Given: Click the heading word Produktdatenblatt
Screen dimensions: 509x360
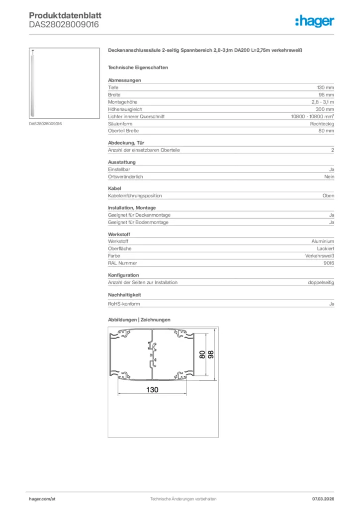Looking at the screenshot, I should [65, 16].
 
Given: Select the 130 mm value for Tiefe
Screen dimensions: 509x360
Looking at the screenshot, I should [326, 87].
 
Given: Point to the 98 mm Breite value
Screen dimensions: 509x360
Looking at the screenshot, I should [327, 94].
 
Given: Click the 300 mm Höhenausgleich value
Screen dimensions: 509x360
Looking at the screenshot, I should [325, 109].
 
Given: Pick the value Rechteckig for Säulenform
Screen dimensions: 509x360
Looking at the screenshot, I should [322, 123].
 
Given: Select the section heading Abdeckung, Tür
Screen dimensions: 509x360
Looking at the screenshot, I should [126, 143].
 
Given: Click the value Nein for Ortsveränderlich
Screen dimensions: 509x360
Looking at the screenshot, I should [329, 177].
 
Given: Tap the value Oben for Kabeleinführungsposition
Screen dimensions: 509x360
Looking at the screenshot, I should [328, 196].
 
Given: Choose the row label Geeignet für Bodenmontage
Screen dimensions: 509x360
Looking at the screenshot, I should [138, 222].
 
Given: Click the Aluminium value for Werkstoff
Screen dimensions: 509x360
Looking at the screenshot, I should [323, 241].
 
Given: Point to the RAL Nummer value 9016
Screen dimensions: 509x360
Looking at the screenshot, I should [329, 263].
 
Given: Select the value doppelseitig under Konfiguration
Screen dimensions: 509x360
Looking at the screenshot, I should [321, 282].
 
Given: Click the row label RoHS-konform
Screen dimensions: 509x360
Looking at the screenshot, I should [124, 303].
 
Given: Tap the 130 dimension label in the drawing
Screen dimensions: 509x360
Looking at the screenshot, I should [152, 390].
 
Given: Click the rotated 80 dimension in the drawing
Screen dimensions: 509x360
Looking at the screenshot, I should [202, 355].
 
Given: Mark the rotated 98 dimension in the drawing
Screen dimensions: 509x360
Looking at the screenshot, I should [211, 355].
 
